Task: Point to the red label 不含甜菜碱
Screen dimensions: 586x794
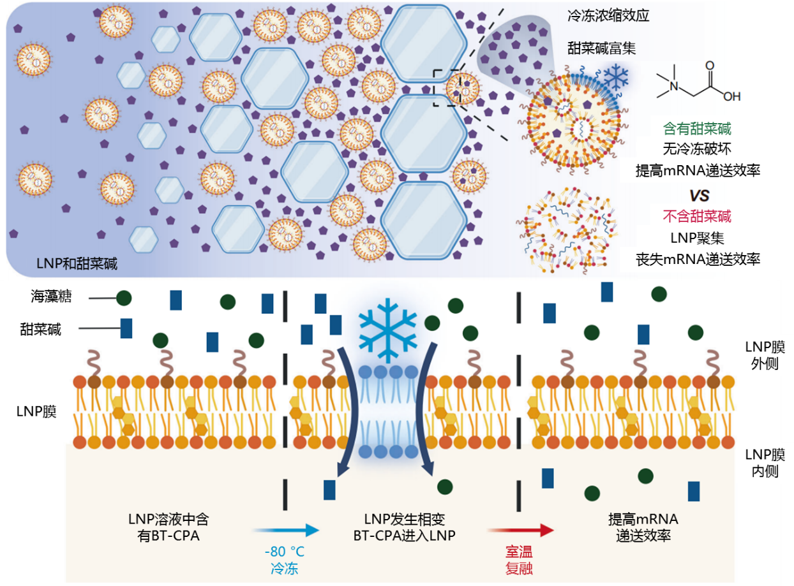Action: (x=701, y=216)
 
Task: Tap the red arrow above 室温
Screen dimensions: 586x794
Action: (x=520, y=530)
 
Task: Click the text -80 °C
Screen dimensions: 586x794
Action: (x=284, y=551)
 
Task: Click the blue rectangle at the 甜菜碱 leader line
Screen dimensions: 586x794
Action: (x=126, y=328)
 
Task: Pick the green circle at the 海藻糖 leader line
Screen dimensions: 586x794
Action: (x=124, y=297)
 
